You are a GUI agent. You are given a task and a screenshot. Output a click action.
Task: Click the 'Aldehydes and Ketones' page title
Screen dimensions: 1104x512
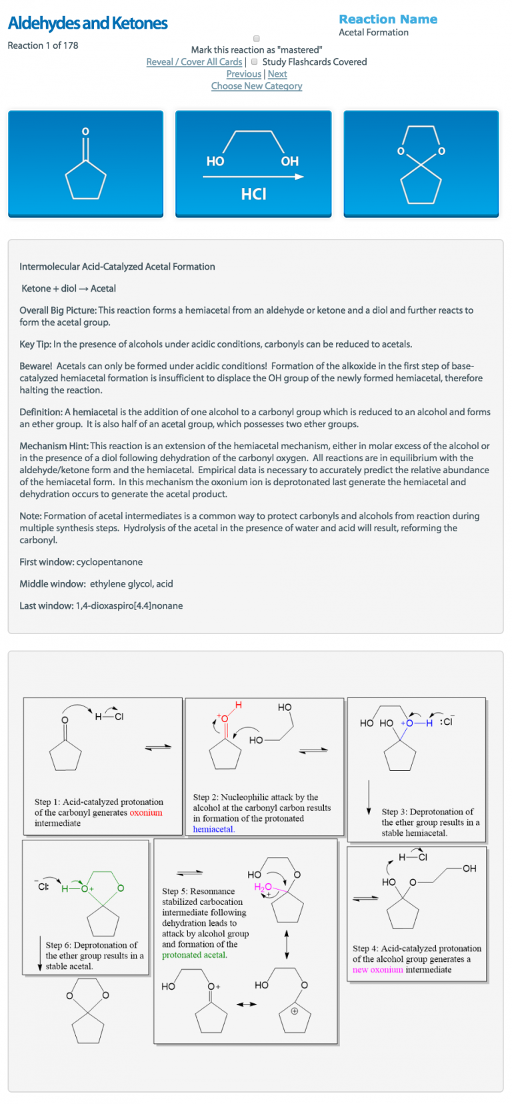pos(87,23)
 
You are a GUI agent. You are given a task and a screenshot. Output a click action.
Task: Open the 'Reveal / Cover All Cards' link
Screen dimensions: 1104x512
pos(194,62)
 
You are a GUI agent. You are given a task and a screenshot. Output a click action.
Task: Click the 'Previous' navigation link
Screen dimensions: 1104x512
pos(243,74)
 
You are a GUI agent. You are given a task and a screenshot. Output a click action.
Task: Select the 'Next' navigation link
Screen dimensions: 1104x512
pos(277,74)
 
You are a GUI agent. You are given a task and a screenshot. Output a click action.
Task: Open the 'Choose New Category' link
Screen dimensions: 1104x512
pos(257,86)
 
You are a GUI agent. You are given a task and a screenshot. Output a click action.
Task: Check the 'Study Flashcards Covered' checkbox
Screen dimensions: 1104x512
pos(255,61)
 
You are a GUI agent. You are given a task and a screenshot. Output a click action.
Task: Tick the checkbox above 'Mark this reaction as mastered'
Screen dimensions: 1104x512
pos(257,39)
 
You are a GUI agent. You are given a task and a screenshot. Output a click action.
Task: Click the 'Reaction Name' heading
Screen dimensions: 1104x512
pos(388,19)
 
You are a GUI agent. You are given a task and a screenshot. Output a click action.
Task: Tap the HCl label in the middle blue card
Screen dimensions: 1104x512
pos(253,194)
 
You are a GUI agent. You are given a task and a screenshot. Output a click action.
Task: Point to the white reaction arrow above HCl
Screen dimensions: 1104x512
pos(253,177)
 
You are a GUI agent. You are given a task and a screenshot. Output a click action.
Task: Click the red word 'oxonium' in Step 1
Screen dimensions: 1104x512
pos(146,813)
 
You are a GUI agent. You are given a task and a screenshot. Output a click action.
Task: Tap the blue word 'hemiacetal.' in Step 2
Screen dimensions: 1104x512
pos(213,829)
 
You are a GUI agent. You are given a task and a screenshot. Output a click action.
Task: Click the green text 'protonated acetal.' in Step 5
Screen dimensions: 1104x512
pos(195,955)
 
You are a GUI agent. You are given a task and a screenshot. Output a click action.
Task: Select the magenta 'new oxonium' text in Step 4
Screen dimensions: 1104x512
pos(377,970)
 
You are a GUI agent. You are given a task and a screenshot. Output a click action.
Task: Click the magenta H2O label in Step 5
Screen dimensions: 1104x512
pos(263,887)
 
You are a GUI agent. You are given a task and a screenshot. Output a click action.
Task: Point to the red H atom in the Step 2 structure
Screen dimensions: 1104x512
pos(239,706)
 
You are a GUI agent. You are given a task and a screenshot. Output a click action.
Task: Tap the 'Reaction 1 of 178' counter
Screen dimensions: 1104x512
pos(43,45)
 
